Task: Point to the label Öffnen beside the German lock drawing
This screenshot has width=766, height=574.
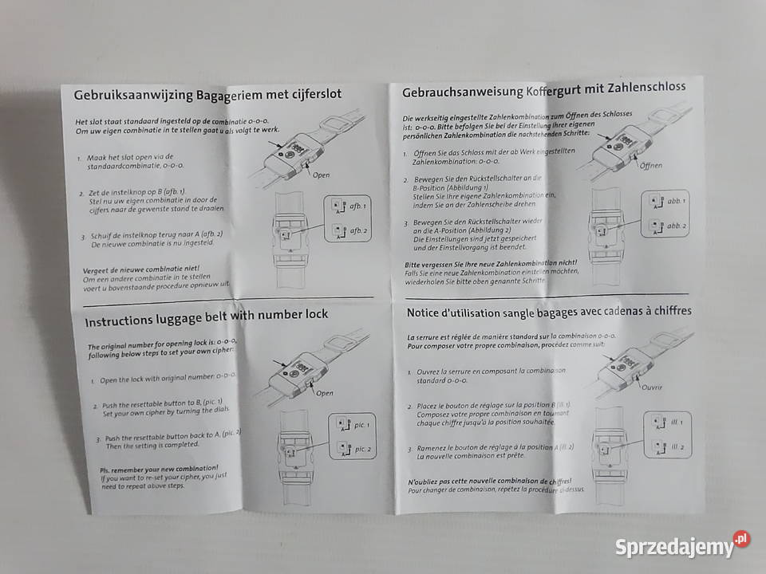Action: [652, 165]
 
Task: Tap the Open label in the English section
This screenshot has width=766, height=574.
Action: [324, 392]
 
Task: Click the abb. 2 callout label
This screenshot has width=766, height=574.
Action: [677, 226]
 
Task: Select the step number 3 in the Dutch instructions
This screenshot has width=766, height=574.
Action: [83, 237]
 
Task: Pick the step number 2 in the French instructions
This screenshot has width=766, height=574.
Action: [409, 407]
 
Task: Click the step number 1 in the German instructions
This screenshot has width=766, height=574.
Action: [405, 152]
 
